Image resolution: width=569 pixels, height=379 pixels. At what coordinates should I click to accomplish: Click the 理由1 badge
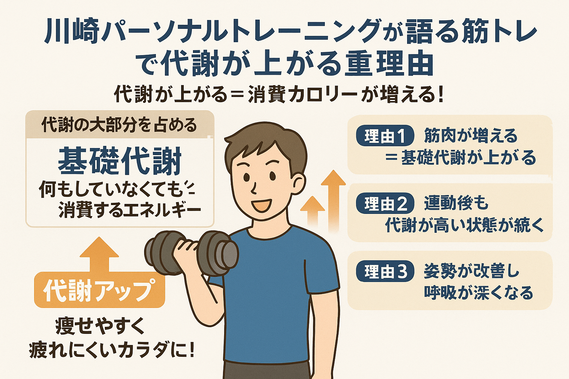(x=385, y=135)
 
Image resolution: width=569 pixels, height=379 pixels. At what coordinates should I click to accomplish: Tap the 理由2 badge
(x=385, y=203)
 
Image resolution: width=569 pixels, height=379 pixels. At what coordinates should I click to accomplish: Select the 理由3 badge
(x=385, y=271)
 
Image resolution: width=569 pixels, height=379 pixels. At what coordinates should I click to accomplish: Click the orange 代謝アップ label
(x=100, y=290)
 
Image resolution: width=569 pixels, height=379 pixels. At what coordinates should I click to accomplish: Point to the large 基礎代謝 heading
(x=120, y=161)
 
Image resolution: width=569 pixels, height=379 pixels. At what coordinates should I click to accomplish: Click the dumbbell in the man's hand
(x=192, y=253)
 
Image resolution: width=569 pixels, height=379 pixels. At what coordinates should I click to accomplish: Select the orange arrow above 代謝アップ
(x=99, y=254)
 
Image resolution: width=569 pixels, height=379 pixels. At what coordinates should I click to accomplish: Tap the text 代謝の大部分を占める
(x=119, y=125)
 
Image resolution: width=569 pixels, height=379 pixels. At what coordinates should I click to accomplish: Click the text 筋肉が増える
(x=471, y=135)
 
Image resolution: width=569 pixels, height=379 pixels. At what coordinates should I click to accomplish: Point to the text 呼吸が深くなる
(x=478, y=293)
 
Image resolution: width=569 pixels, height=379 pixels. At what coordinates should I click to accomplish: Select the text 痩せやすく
(x=100, y=326)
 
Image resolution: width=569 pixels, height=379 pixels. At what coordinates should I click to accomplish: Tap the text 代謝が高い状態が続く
(x=464, y=225)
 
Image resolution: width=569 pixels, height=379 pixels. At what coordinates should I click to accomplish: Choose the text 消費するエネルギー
(x=130, y=211)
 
